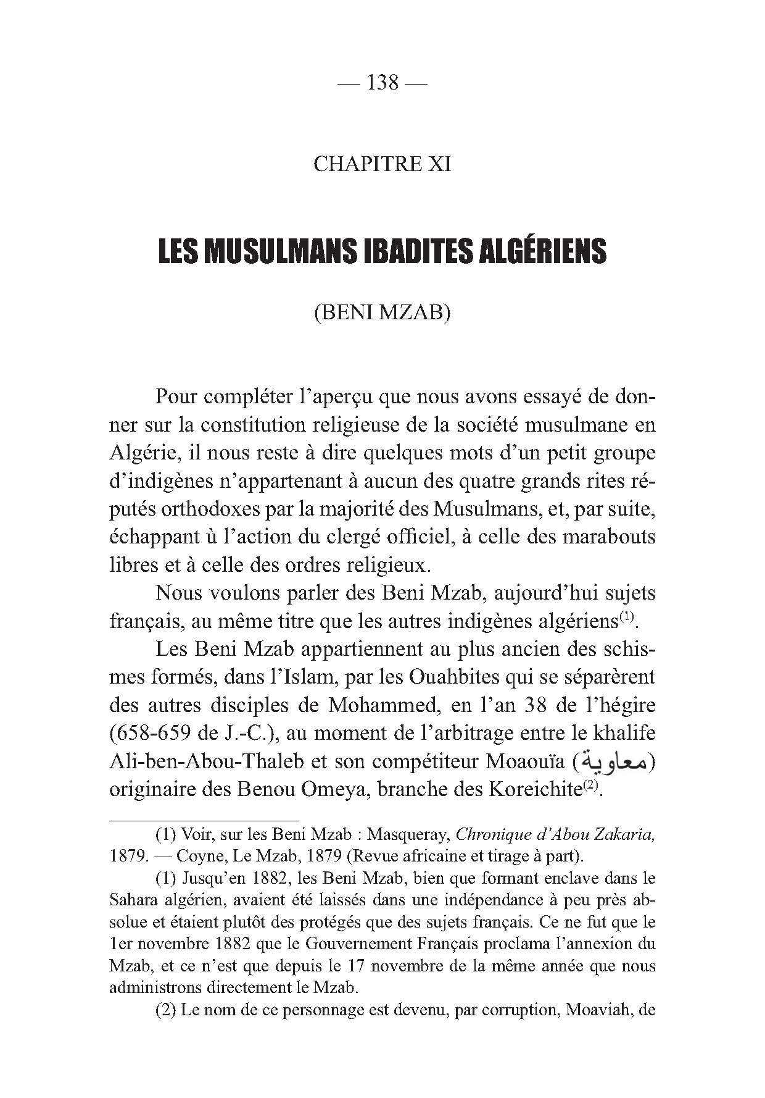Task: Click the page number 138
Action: point(382,82)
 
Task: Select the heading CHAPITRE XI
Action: point(382,164)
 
